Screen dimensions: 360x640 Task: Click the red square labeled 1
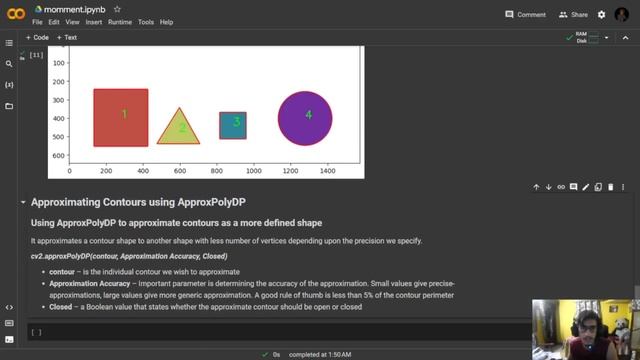point(121,117)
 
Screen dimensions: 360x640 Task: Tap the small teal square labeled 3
point(233,124)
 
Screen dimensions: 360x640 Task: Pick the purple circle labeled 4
point(305,117)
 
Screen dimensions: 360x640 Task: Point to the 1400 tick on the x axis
point(327,171)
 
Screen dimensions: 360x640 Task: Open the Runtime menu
point(119,21)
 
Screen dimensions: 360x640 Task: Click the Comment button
point(525,15)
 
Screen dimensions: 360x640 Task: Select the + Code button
point(38,37)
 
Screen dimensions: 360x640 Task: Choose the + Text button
point(67,37)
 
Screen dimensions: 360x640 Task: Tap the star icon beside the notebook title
point(117,9)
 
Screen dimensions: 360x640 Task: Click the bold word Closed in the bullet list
point(60,307)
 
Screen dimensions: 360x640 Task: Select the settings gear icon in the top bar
point(601,15)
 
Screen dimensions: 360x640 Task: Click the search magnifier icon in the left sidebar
point(9,64)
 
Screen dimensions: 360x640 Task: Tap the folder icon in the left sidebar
point(9,106)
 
